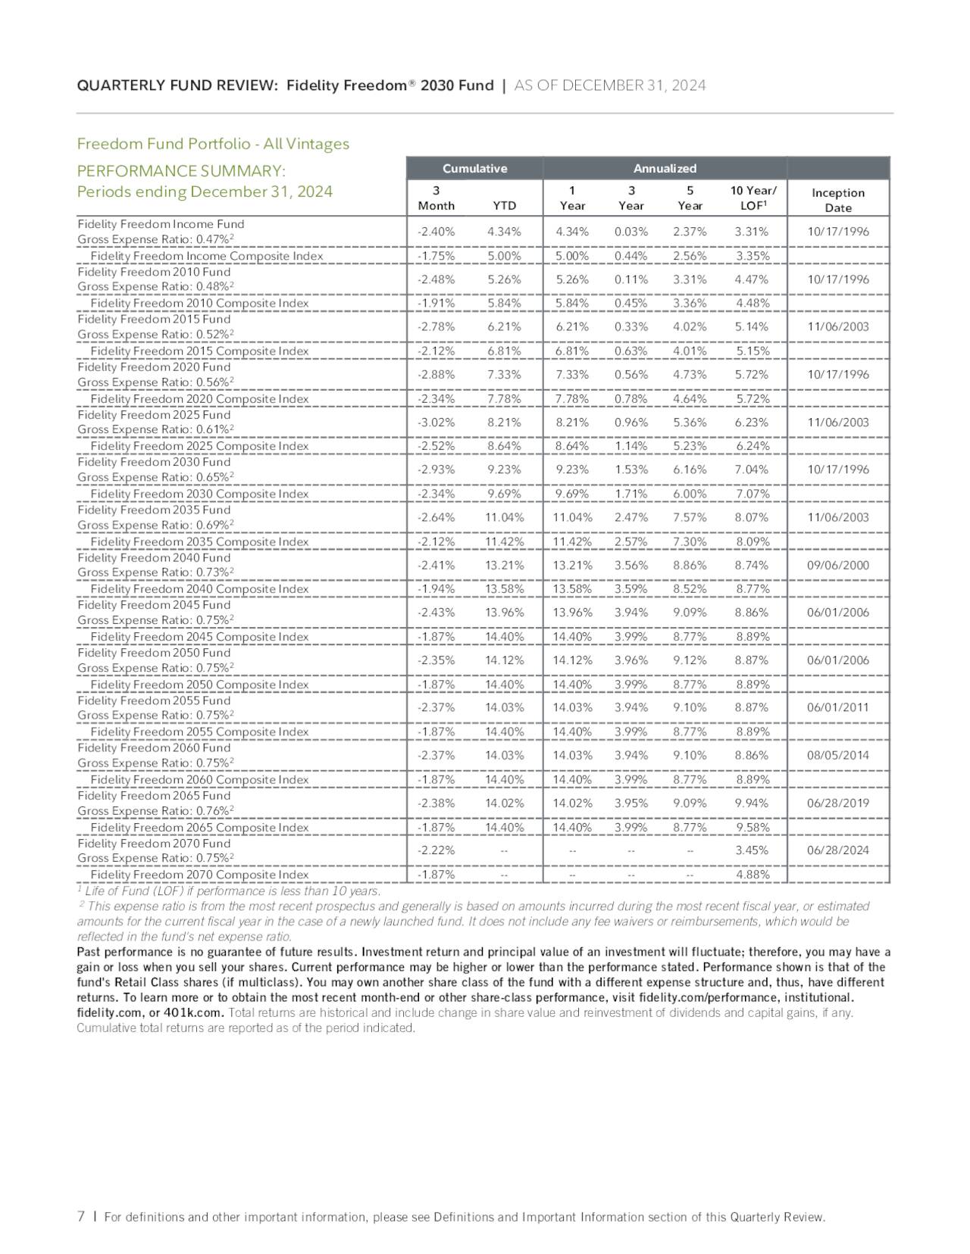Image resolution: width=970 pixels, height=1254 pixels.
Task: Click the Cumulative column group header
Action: (x=474, y=168)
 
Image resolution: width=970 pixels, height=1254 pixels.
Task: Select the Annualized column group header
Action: (x=665, y=168)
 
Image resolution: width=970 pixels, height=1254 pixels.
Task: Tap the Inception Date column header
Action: (x=837, y=200)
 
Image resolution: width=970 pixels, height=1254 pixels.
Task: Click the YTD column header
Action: (x=504, y=205)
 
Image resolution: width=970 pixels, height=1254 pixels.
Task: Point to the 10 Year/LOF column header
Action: (x=753, y=198)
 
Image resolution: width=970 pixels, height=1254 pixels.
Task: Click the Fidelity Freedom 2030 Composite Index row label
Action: (x=199, y=494)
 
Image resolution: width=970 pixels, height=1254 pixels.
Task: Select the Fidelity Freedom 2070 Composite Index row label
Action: (x=199, y=875)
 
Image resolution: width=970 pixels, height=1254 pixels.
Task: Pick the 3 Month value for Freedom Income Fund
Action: (x=436, y=232)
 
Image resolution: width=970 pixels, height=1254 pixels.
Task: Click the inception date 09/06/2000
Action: (x=837, y=565)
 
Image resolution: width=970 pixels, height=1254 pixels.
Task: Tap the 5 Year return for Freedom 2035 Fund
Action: (x=690, y=517)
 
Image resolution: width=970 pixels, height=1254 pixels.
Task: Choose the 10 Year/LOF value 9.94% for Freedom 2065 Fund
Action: (x=751, y=803)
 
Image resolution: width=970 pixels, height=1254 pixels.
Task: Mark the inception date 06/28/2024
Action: (x=837, y=850)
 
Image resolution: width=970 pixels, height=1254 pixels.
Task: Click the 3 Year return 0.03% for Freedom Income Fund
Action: (x=630, y=232)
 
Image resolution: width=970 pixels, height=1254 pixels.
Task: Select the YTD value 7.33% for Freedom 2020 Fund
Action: (x=504, y=374)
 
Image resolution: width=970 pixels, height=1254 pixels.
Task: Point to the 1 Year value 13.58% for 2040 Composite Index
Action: (x=572, y=589)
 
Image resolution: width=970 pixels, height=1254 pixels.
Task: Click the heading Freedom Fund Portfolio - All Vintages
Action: (x=213, y=144)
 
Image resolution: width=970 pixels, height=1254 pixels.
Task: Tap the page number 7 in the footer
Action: (x=81, y=1217)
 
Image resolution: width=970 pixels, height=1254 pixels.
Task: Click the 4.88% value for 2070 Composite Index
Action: (x=753, y=875)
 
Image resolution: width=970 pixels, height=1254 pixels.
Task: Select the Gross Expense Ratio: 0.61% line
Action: (x=155, y=429)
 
